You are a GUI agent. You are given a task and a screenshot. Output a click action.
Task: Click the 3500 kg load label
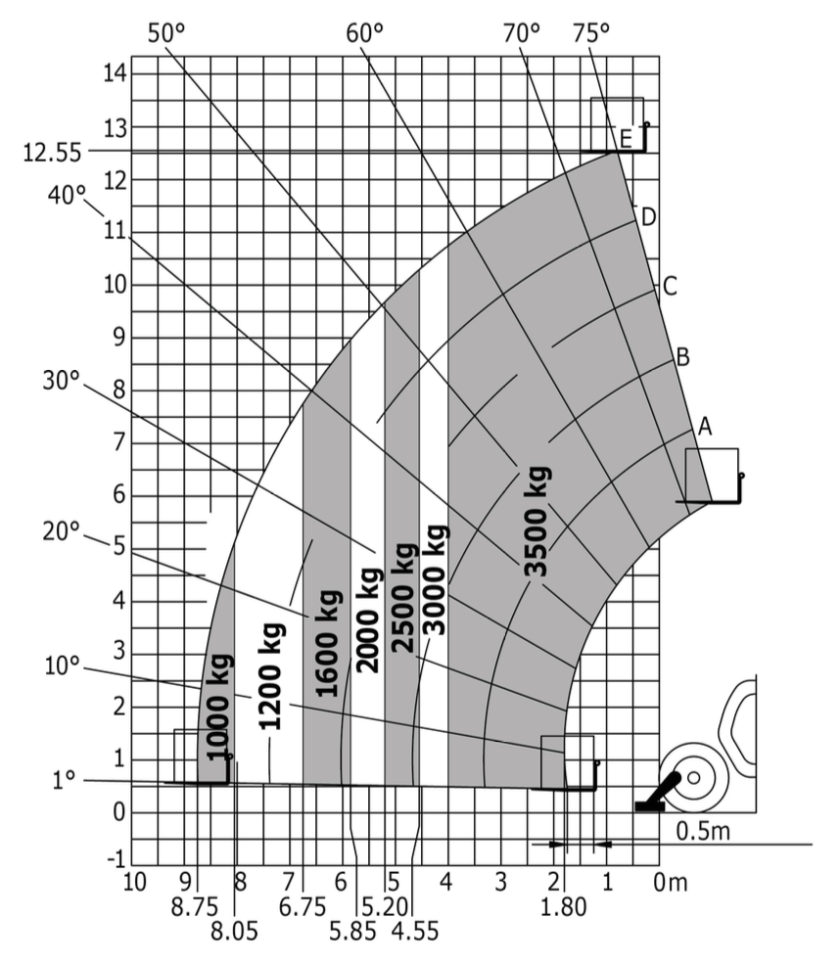click(537, 522)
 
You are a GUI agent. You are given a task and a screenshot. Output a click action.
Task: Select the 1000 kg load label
click(218, 708)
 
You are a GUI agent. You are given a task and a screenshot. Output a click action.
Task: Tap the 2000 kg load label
click(369, 620)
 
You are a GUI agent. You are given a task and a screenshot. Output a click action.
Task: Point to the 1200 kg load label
click(270, 676)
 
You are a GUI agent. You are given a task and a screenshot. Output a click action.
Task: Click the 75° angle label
click(591, 33)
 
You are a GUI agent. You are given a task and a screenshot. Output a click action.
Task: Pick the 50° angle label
click(165, 33)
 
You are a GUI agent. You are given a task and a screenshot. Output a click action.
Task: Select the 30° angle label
click(62, 381)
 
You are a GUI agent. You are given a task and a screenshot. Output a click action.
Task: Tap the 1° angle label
click(64, 780)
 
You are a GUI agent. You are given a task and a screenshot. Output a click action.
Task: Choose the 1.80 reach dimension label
click(564, 906)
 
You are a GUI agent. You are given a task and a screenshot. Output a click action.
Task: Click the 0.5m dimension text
click(703, 831)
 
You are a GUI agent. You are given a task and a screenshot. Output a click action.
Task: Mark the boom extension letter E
click(626, 139)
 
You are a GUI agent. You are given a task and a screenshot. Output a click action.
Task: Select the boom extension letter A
click(705, 427)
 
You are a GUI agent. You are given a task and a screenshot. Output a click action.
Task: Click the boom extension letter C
click(670, 286)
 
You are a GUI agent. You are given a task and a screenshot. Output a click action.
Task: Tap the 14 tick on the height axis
click(115, 73)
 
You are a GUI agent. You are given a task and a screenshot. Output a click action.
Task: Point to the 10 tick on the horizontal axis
click(134, 882)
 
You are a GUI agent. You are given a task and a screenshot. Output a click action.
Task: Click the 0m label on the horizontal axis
click(671, 883)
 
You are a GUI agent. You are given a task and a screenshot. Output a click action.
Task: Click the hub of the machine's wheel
click(694, 777)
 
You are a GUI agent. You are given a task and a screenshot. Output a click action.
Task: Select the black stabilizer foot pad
click(649, 806)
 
